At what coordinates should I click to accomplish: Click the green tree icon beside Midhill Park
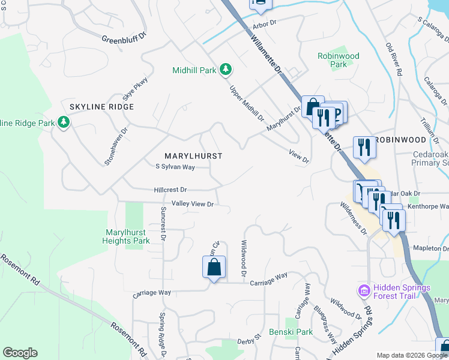pos(225,70)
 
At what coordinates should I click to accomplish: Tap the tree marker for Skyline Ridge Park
pos(64,123)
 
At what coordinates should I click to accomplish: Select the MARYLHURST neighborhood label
pos(193,156)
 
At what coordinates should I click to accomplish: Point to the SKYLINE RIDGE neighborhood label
pos(101,107)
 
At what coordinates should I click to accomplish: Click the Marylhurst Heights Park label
pos(127,236)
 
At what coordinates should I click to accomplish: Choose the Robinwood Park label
pos(339,60)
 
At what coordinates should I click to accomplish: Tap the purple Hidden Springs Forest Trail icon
pos(363,291)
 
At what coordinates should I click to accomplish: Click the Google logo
pos(20,353)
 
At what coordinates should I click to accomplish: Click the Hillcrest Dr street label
pos(170,190)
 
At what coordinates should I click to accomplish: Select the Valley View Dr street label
pos(193,204)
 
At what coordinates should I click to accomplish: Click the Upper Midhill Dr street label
pos(247,103)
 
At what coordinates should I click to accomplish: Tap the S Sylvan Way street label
pos(175,167)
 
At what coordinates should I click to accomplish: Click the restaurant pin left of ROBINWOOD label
pos(364,148)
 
